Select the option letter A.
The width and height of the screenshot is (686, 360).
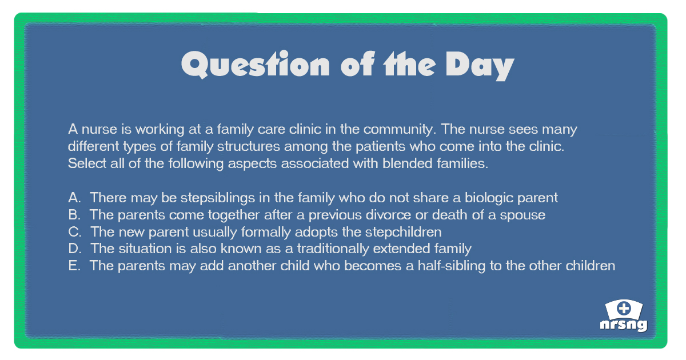pos(74,198)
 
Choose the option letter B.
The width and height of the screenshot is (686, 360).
pos(74,215)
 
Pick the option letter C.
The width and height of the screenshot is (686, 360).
pos(74,232)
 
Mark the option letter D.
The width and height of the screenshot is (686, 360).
pos(74,249)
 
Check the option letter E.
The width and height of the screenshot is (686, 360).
pos(74,266)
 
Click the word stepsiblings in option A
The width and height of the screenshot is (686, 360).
pos(215,198)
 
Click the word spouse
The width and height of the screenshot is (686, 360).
pos(524,215)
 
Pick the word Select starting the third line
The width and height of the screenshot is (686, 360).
pos(85,163)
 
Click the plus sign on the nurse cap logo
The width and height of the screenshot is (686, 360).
pos(624,309)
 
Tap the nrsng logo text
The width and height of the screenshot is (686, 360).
pos(624,325)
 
